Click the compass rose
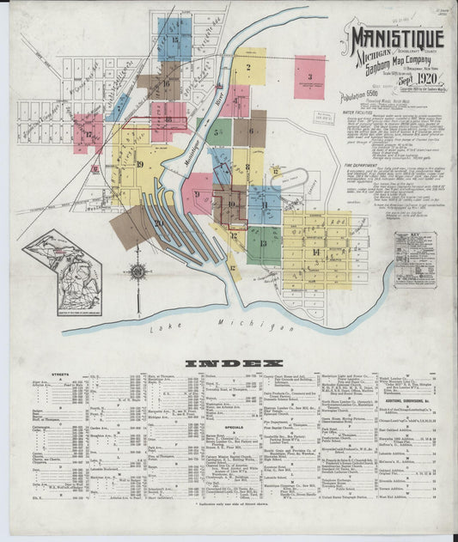137,272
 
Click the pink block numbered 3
309,77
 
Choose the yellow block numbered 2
247,66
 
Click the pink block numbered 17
88,134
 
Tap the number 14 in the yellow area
315,251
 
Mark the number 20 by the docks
159,222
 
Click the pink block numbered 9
198,194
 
